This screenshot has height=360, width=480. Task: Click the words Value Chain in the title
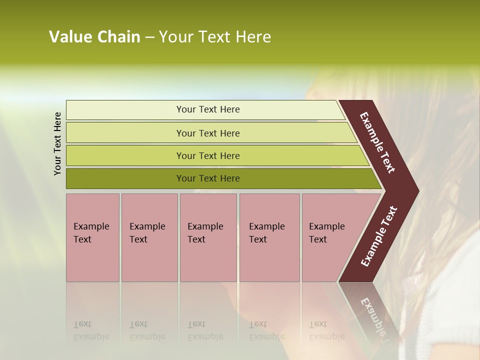pyautogui.click(x=94, y=37)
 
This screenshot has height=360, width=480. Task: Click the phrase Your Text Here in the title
pyautogui.click(x=215, y=37)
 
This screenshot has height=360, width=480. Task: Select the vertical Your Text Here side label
pyautogui.click(x=57, y=143)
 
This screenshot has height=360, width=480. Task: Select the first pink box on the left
pyautogui.click(x=92, y=260)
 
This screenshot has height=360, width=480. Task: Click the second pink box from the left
pyautogui.click(x=149, y=260)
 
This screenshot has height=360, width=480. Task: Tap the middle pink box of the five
pyautogui.click(x=208, y=260)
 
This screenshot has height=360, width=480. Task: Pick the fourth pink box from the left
pyautogui.click(x=269, y=260)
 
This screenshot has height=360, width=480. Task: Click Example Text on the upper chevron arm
pyautogui.click(x=377, y=142)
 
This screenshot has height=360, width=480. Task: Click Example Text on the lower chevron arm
pyautogui.click(x=379, y=236)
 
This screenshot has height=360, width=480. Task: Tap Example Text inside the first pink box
pyautogui.click(x=91, y=233)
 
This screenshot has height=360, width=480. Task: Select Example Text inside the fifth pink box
pyautogui.click(x=326, y=233)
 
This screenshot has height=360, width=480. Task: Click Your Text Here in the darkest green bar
pyautogui.click(x=208, y=178)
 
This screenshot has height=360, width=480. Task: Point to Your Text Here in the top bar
pyautogui.click(x=208, y=109)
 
